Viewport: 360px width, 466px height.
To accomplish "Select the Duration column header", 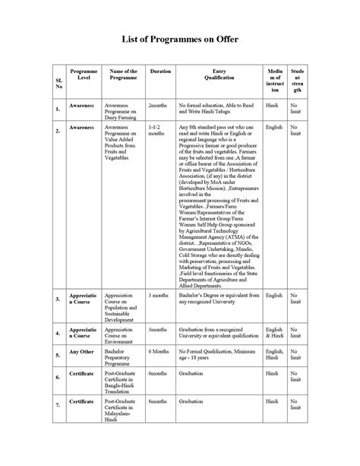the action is [160, 71].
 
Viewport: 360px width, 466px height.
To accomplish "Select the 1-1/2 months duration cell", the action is [156, 132].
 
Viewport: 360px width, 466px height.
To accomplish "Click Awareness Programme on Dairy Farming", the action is [122, 110].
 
